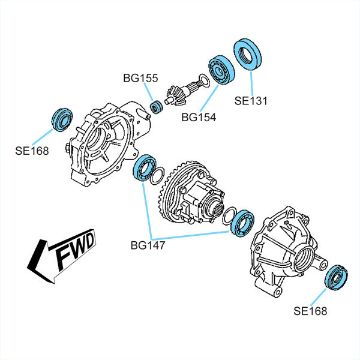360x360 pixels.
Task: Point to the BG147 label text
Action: coord(148,245)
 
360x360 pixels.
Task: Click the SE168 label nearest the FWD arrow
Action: coord(32,151)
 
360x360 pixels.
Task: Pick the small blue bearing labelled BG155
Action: coord(157,108)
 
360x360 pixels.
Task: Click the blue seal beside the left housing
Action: coord(62,119)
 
